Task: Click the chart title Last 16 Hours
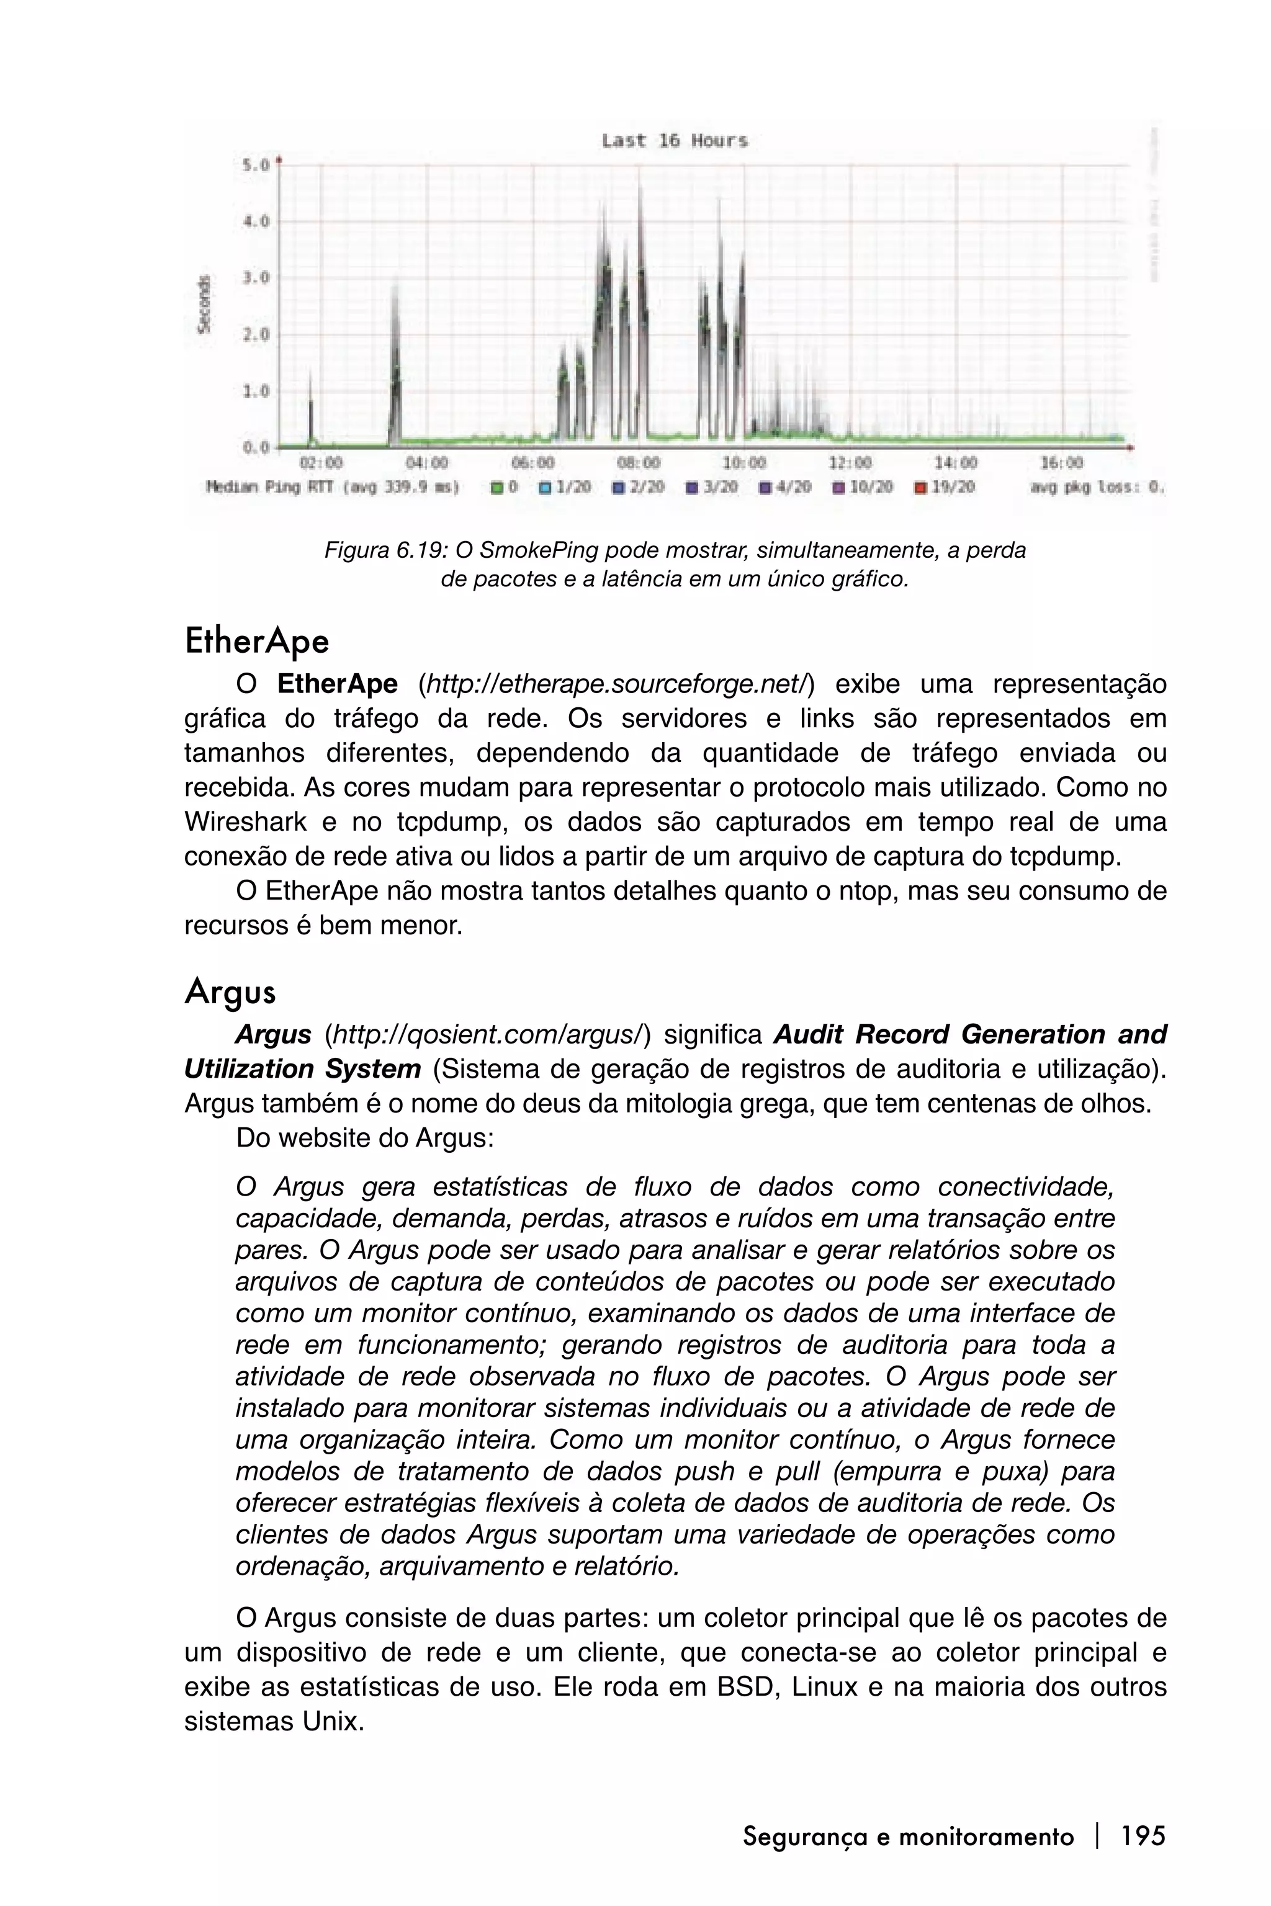pyautogui.click(x=675, y=141)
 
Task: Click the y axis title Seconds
pyautogui.click(x=205, y=304)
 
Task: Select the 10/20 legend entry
pyautogui.click(x=863, y=487)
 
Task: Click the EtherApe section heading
pyautogui.click(x=256, y=642)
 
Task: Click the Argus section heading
pyautogui.click(x=230, y=992)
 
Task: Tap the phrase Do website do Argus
pyautogui.click(x=365, y=1139)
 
